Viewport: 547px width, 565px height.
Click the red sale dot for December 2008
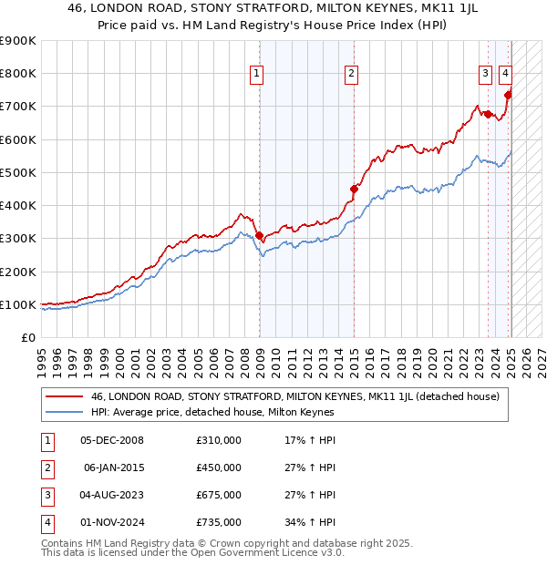point(260,235)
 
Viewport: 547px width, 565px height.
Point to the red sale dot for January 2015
point(354,190)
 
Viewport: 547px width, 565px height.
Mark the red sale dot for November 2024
point(508,95)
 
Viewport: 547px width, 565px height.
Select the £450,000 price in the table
point(219,468)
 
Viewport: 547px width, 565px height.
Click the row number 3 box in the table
point(46,496)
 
